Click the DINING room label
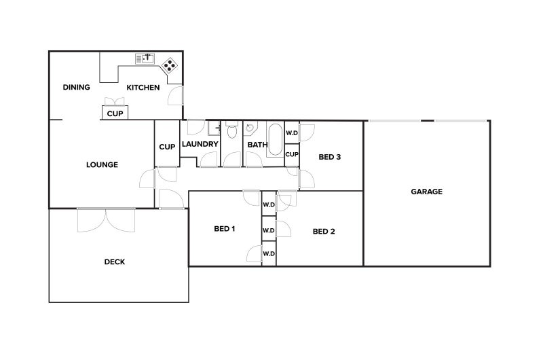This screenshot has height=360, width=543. tap(77, 88)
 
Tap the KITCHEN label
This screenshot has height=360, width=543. tap(143, 88)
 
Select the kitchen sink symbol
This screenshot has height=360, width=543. tap(145, 58)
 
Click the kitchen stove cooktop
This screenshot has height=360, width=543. tap(169, 65)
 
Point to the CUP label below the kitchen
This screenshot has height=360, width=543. tap(115, 113)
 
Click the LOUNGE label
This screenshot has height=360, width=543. tap(102, 164)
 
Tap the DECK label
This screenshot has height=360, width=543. tap(115, 262)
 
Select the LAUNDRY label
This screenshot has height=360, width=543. tap(200, 145)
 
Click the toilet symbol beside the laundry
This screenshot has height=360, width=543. tap(232, 131)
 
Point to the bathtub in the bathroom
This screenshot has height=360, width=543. tap(276, 139)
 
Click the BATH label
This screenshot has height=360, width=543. tap(257, 145)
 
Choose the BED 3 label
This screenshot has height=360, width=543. tap(329, 158)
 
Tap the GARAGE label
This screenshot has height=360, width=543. tap(426, 192)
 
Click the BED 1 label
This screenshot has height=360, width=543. tap(225, 229)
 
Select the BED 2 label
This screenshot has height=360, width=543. tap(324, 232)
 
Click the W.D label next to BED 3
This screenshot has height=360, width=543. tap(292, 133)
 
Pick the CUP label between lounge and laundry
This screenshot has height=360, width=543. tap(167, 147)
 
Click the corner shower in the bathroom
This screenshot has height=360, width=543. tap(251, 128)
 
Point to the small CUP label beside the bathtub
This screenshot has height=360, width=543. tap(292, 155)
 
